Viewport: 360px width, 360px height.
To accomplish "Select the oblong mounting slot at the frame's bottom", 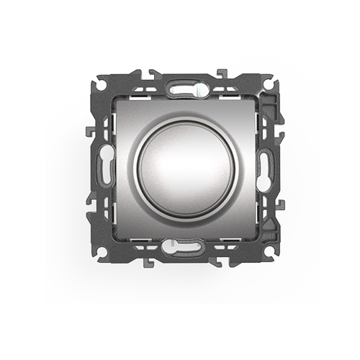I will (180, 247).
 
